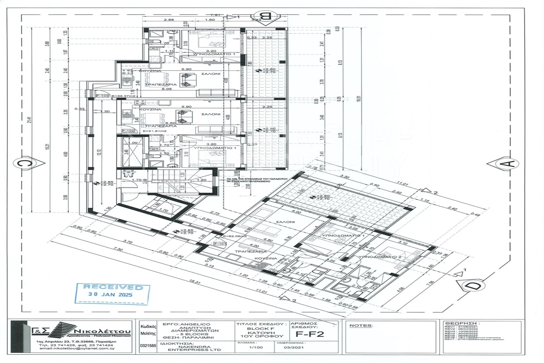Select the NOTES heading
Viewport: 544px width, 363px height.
[361, 326]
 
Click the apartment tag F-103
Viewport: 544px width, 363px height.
[102, 96]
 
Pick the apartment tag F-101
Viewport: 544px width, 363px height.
[220, 244]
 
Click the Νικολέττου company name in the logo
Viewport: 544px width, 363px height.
[103, 332]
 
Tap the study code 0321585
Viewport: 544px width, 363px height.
[148, 346]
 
